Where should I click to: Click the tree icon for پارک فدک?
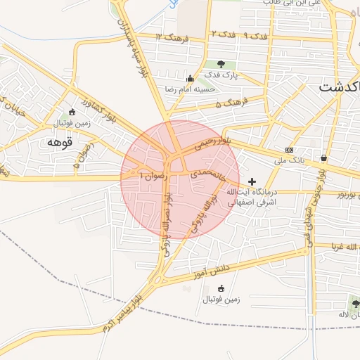(x=221, y=64)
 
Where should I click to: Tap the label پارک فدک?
(x=221, y=75)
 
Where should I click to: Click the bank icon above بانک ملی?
(x=290, y=150)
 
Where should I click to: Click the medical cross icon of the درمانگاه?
(x=252, y=181)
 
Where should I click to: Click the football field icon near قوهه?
(x=71, y=112)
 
